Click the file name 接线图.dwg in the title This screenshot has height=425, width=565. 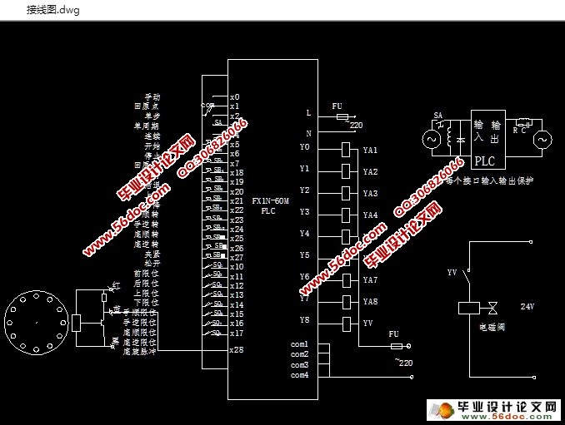tap(52, 10)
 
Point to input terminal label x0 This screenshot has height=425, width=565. tap(235, 97)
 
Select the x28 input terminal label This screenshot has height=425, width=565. tap(237, 350)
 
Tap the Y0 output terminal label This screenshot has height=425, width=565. tap(304, 147)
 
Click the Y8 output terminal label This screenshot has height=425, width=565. tap(304, 319)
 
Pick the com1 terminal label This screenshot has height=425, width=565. tap(299, 344)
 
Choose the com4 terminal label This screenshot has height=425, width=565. tap(299, 375)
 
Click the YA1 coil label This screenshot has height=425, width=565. tap(370, 151)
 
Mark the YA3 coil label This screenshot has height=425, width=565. tap(370, 194)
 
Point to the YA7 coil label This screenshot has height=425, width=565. tap(370, 280)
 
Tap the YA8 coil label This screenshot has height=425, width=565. tap(370, 302)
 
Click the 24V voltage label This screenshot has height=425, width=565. tap(526, 307)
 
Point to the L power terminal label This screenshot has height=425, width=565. tap(307, 112)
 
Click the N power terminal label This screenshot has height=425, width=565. tap(307, 133)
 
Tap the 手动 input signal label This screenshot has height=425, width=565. tap(152, 97)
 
